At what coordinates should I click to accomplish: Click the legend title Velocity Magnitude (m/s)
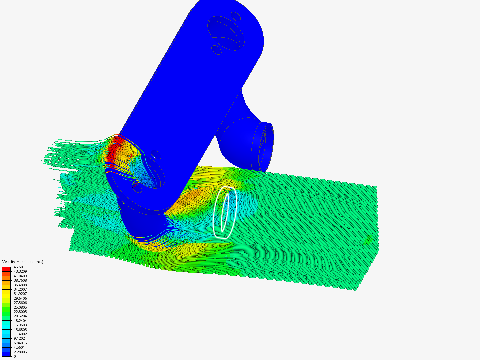23,262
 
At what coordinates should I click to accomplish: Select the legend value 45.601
19,267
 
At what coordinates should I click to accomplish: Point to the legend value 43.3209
20,271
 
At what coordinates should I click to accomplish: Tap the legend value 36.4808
20,285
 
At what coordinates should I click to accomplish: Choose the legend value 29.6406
20,298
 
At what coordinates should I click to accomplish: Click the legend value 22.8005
20,311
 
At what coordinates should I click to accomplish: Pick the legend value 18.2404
20,320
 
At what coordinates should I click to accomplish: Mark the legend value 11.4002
20,334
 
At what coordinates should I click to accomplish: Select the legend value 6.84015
20,343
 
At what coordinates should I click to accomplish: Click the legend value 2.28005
20,352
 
